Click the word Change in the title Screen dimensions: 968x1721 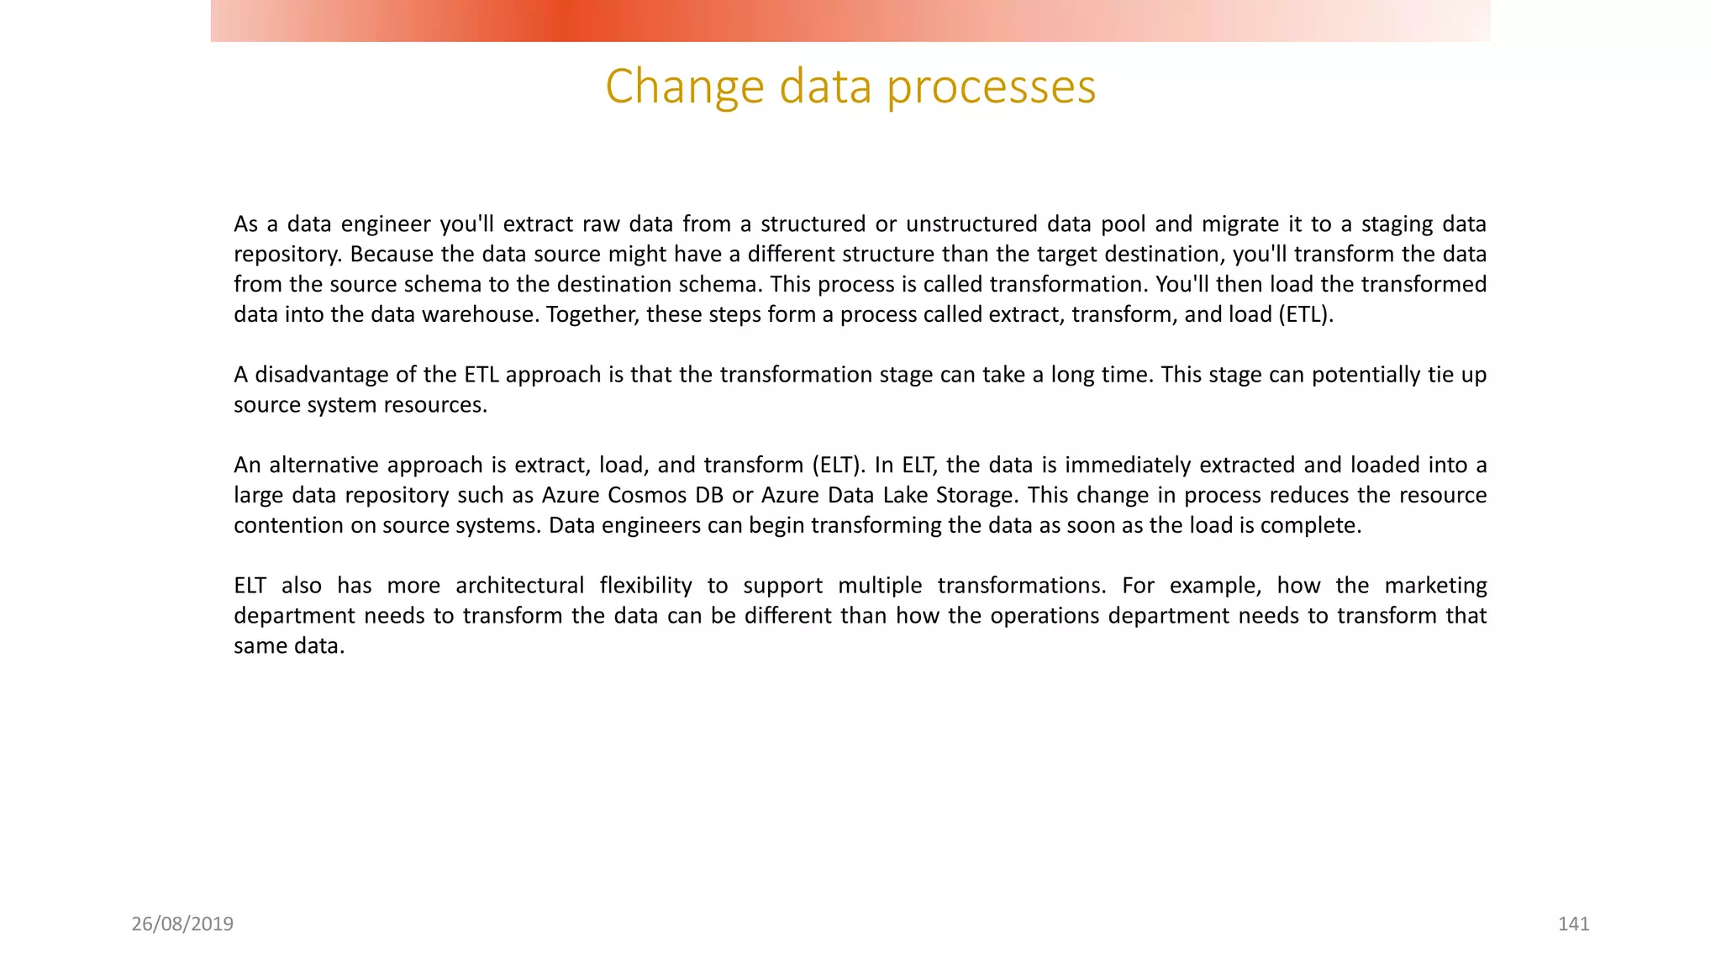[x=684, y=87]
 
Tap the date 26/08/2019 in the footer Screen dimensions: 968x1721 [x=182, y=924]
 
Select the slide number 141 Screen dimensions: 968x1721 [x=1573, y=924]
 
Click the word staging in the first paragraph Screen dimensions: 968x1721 [x=1397, y=224]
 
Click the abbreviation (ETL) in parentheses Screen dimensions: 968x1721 [x=1306, y=315]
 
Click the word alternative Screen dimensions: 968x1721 [x=324, y=466]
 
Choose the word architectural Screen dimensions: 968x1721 [x=519, y=586]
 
